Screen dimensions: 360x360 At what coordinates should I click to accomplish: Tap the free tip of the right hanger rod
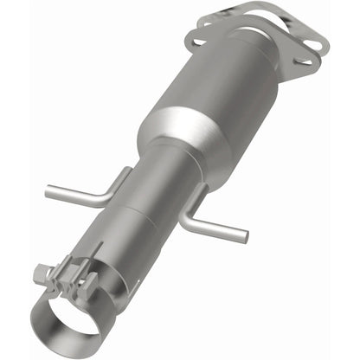[247, 236]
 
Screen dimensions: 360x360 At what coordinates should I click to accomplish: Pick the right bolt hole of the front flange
[305, 60]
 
